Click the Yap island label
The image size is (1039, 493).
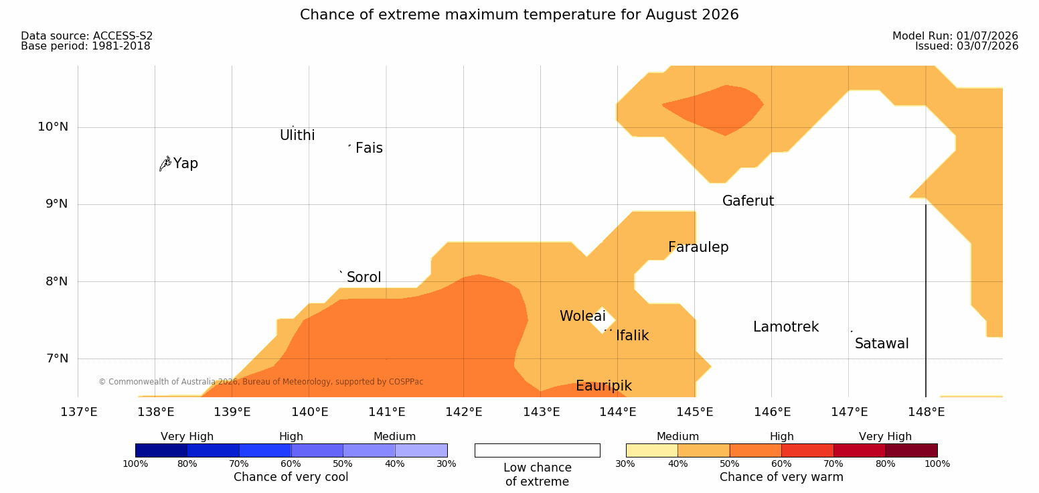pos(185,164)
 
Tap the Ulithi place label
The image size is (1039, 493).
pos(297,135)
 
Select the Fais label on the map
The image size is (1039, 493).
pos(370,148)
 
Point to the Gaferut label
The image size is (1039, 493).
pos(748,201)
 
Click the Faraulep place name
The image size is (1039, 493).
pos(698,247)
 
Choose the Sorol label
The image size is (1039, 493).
pos(364,277)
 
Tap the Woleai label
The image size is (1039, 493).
pos(582,316)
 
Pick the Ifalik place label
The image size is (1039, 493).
pos(632,336)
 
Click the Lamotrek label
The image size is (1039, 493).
pos(786,328)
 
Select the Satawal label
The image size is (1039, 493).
pos(882,344)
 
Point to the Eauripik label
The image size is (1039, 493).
pos(604,386)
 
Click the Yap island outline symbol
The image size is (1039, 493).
pos(165,164)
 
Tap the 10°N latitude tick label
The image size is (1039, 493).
pos(53,127)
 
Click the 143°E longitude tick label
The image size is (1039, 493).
pos(542,412)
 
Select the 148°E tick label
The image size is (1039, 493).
pos(927,412)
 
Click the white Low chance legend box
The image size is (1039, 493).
pos(538,450)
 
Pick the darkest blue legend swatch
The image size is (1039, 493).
pos(161,450)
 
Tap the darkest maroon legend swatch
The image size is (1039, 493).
pos(911,450)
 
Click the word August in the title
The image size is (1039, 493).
pos(671,15)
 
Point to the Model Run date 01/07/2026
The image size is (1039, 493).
pos(987,36)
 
